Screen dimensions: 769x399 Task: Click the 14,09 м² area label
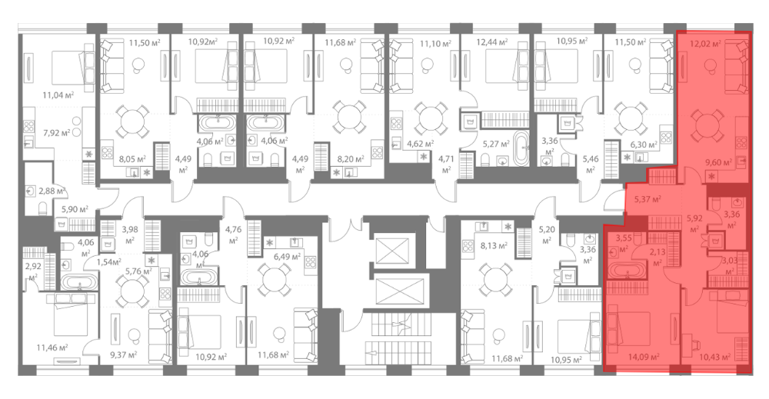(644, 357)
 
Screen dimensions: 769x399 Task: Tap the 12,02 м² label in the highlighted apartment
(705, 44)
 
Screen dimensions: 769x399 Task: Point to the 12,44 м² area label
(492, 42)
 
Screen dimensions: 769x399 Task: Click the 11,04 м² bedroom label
(58, 95)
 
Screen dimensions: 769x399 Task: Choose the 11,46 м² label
(52, 348)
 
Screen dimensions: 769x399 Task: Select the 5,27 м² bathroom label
(497, 144)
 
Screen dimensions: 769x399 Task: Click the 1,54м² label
(109, 261)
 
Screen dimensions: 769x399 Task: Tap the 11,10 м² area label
(435, 44)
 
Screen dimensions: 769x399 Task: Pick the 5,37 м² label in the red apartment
(647, 200)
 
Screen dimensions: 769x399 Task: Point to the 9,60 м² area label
(718, 162)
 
